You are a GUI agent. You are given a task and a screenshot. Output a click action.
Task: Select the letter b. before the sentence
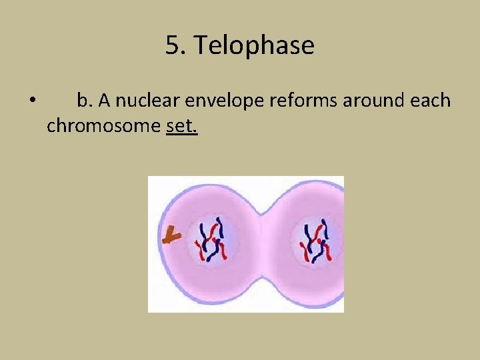[85, 101]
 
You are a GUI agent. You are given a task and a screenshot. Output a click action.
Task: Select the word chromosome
[103, 125]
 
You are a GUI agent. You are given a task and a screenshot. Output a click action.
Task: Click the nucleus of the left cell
[211, 242]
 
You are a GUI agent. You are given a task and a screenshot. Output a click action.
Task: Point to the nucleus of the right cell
[316, 242]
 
